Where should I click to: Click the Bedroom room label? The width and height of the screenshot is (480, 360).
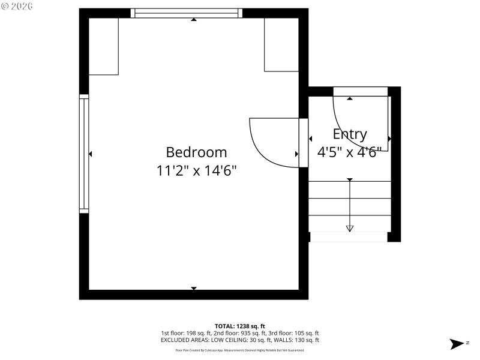pyautogui.click(x=196, y=152)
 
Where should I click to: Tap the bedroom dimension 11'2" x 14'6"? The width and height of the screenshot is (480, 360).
pyautogui.click(x=196, y=171)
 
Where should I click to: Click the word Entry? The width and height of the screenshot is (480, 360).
pyautogui.click(x=350, y=134)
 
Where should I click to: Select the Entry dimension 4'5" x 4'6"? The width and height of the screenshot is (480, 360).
pyautogui.click(x=349, y=152)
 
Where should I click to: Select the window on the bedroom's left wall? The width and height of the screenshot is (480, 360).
pyautogui.click(x=84, y=154)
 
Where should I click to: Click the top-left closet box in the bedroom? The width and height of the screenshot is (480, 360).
pyautogui.click(x=103, y=46)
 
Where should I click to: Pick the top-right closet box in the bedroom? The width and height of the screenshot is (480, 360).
pyautogui.click(x=281, y=44)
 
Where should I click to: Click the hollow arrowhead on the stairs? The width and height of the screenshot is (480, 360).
pyautogui.click(x=350, y=228)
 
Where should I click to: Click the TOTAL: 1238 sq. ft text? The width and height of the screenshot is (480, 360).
pyautogui.click(x=239, y=326)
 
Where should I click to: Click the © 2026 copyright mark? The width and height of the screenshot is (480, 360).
pyautogui.click(x=17, y=6)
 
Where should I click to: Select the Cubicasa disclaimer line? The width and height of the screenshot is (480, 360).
pyautogui.click(x=239, y=350)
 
